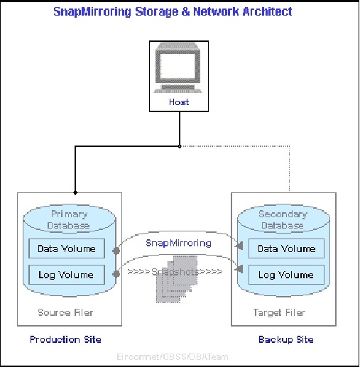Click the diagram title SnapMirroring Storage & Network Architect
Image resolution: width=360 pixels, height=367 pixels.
click(x=173, y=12)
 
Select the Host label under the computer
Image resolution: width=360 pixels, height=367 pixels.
click(x=179, y=102)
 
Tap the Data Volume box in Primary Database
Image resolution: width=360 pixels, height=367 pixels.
click(x=67, y=248)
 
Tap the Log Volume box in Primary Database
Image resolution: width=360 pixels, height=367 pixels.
click(x=67, y=274)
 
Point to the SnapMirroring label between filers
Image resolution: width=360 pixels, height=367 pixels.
click(x=178, y=243)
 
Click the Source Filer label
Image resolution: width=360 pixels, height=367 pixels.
click(x=65, y=312)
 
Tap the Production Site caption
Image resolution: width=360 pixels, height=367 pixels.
click(x=65, y=339)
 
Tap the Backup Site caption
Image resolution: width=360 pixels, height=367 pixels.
click(x=284, y=339)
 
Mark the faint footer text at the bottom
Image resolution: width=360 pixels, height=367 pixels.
click(x=173, y=356)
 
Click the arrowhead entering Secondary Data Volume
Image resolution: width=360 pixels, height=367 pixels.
click(x=241, y=246)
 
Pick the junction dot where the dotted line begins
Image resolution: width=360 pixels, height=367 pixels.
click(x=180, y=146)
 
